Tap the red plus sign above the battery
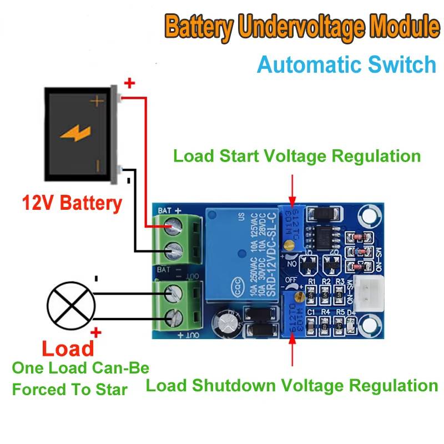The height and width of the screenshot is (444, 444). (129, 84)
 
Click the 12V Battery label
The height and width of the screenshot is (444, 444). (72, 203)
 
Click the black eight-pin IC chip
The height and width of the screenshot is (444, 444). (322, 235)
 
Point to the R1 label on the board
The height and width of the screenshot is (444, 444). (311, 282)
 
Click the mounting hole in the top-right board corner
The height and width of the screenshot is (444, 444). (368, 214)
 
